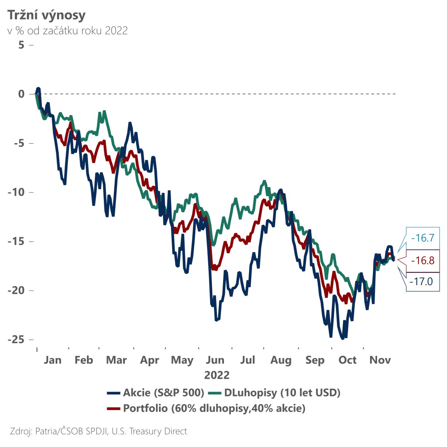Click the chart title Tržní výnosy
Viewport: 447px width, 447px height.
coord(46,15)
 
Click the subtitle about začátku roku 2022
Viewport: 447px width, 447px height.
coord(67,31)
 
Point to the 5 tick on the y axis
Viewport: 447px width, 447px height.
coord(21,45)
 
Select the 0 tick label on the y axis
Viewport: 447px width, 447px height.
coord(21,94)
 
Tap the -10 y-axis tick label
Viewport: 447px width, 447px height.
coord(16,192)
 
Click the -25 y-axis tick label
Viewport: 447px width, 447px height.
coord(16,340)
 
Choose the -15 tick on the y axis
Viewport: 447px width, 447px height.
coord(16,242)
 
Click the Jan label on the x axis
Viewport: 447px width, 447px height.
coord(52,360)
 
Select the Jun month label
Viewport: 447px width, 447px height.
coord(216,360)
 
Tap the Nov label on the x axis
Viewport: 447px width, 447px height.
coord(380,360)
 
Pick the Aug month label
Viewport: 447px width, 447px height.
coord(281,360)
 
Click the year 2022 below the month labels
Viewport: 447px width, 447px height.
coord(216,375)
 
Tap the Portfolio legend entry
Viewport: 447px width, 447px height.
coord(214,409)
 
